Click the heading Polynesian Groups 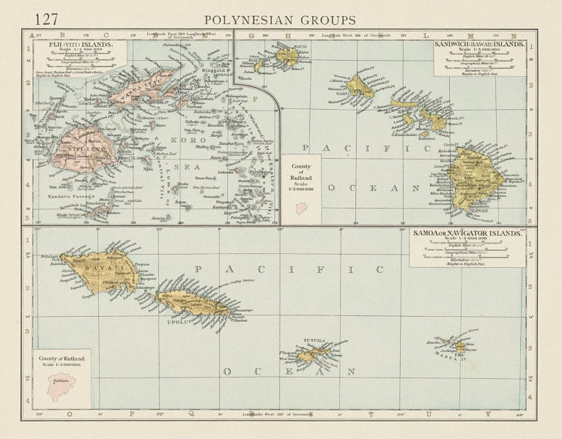coord(281,19)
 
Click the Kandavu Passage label coord(70,197)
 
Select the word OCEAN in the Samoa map coord(289,371)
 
